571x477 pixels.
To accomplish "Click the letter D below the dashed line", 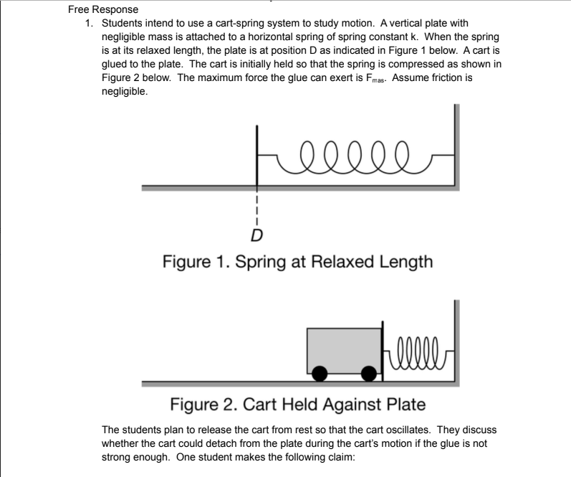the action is click(256, 235).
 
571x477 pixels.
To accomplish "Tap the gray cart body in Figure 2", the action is click(344, 348).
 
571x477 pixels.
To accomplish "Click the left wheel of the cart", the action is click(320, 373).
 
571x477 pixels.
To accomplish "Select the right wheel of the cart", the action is click(368, 373).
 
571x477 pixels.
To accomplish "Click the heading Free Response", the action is click(103, 10).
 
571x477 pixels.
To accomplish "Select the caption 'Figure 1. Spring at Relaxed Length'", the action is click(297, 262).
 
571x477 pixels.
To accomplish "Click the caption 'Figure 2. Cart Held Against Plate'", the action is click(297, 405).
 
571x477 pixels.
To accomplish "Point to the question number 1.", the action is click(88, 24).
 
